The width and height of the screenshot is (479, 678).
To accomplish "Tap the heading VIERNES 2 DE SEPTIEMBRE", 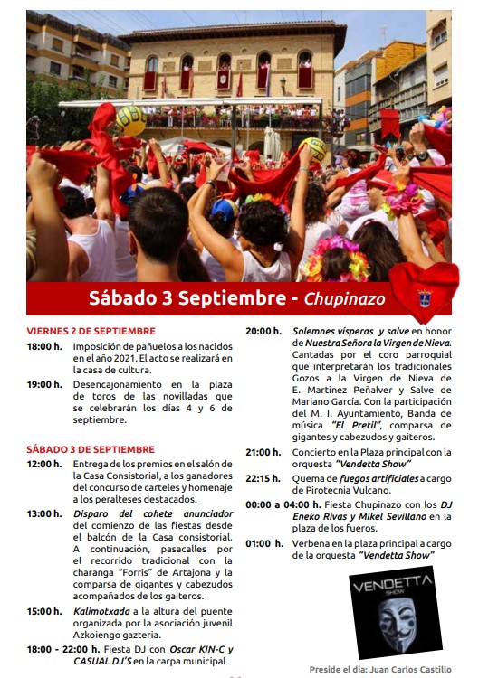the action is [91, 331].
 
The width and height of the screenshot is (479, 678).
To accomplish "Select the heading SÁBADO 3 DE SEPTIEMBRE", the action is [91, 449].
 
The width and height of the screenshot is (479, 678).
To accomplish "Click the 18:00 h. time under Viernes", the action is [44, 346].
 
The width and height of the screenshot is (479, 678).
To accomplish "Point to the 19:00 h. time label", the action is [44, 384].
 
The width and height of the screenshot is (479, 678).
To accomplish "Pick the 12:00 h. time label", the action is [44, 464].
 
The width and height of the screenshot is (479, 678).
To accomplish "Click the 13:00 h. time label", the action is [44, 513].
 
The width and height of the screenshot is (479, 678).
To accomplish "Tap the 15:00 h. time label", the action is [44, 611].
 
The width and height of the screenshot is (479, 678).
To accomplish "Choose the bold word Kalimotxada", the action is [103, 611].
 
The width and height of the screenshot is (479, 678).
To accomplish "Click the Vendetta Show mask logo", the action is [392, 613].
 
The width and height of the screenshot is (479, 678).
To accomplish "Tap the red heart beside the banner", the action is [424, 291].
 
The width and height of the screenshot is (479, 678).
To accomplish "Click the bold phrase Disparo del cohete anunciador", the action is [155, 513].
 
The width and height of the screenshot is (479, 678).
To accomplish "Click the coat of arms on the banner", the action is [424, 297].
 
